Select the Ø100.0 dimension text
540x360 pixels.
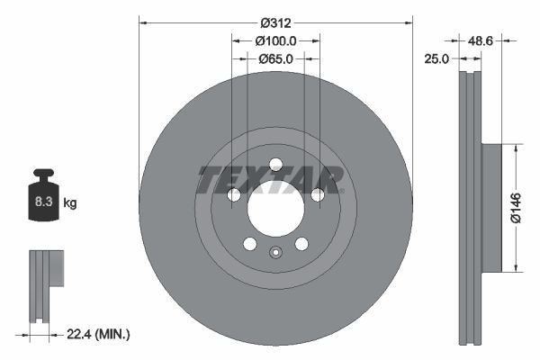(x=275, y=40)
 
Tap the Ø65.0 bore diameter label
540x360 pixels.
(x=275, y=58)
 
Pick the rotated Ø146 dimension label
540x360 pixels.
(x=514, y=206)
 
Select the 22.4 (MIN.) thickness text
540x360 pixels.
(x=99, y=334)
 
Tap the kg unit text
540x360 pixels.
(x=70, y=204)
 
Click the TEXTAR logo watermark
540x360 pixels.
(x=270, y=180)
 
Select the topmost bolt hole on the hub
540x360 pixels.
(x=275, y=164)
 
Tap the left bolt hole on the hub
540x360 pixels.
(x=233, y=195)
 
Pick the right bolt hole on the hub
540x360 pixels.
(x=318, y=195)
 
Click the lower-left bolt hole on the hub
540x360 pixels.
(x=249, y=245)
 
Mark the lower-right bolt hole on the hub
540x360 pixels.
(x=301, y=245)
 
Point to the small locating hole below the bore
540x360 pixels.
(x=275, y=252)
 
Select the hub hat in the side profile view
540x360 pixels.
(x=491, y=207)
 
